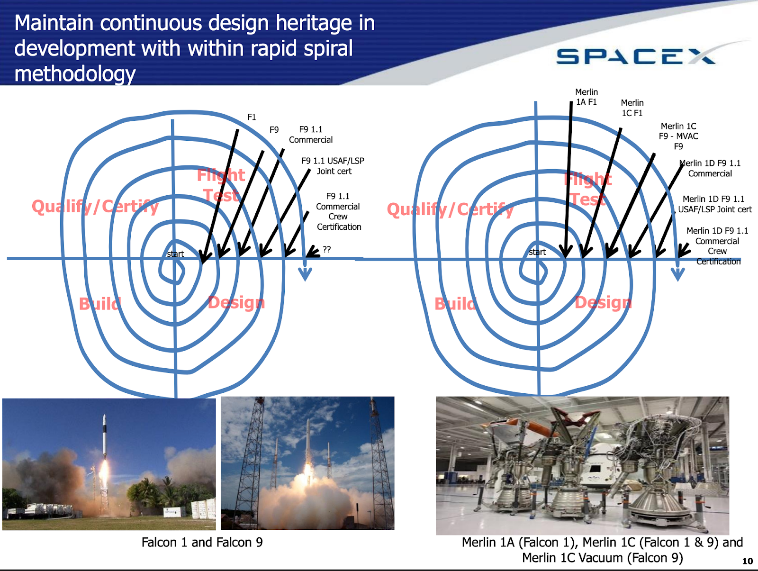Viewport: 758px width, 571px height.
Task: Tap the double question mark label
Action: tap(327, 249)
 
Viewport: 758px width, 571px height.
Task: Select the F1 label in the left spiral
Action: tap(252, 117)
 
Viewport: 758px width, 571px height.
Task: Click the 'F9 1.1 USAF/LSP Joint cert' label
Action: tap(333, 166)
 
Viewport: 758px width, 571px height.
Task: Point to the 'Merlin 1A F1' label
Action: tap(587, 97)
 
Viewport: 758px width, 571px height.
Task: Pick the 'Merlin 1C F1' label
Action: tap(632, 108)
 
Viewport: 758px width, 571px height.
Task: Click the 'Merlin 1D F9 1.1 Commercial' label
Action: tap(710, 168)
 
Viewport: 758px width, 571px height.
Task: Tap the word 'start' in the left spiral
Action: tap(175, 254)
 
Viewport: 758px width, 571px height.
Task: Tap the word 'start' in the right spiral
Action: tap(537, 252)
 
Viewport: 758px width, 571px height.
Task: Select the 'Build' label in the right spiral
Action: tap(455, 304)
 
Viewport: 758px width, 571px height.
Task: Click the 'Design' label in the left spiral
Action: tap(236, 303)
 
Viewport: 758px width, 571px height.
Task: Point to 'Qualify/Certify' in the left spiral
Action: tap(95, 207)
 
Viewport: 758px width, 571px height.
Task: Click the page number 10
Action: tap(747, 561)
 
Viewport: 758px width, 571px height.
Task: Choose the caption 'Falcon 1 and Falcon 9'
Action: tap(202, 542)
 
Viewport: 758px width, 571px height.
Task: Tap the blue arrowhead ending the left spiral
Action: tap(305, 274)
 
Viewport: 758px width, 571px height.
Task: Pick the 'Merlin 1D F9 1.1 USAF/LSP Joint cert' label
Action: tap(714, 204)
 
